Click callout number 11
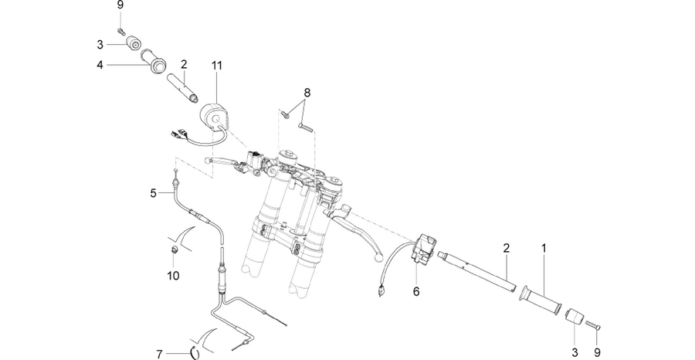216,66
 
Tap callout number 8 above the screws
307,93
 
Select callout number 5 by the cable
154,193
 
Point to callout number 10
173,275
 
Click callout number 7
160,355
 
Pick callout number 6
415,291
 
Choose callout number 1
544,248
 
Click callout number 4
100,65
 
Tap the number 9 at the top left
120,5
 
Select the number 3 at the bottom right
575,352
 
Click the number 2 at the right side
506,248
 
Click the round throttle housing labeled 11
214,117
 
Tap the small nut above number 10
175,250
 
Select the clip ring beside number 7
195,352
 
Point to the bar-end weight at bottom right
574,318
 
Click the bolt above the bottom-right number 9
592,325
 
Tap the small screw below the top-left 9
121,31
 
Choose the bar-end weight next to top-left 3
134,43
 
